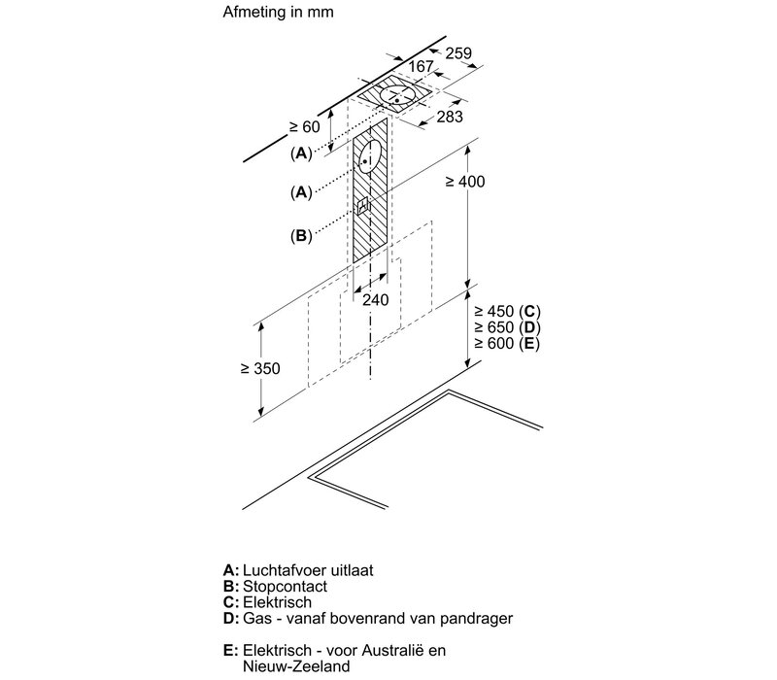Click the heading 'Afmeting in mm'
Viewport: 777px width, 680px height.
(x=278, y=12)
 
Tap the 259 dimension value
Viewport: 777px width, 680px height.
(x=458, y=53)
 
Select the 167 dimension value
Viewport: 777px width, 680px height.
(x=421, y=66)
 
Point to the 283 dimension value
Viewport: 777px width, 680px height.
(x=450, y=117)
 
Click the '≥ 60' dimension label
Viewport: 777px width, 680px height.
(x=305, y=127)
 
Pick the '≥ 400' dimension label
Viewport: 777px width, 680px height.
(x=465, y=182)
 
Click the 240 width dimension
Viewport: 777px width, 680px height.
(x=375, y=300)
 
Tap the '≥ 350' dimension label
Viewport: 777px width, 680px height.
(x=260, y=368)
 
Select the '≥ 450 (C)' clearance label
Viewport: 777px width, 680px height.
(x=507, y=311)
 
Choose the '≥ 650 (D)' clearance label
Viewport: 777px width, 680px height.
(x=507, y=327)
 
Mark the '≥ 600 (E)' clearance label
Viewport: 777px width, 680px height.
(x=507, y=343)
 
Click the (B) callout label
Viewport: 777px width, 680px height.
(x=301, y=235)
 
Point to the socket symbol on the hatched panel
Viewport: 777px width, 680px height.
(x=363, y=205)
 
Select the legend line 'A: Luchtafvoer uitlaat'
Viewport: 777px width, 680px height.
(x=298, y=570)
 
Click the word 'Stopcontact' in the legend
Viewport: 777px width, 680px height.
(x=285, y=587)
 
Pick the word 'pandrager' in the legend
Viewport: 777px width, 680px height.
(x=476, y=619)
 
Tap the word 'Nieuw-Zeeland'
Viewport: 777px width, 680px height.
(x=296, y=666)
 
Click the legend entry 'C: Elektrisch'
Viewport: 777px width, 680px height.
(x=268, y=602)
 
